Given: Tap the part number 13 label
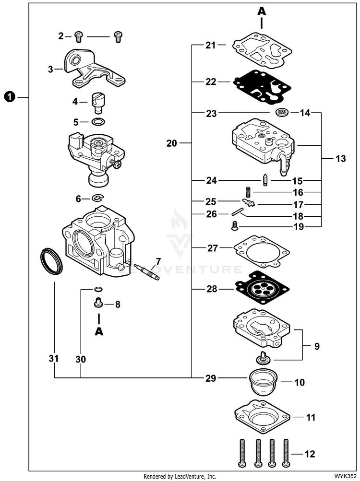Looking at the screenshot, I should tap(340, 159).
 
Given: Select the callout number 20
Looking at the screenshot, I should tap(172, 143).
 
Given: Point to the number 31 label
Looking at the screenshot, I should tap(54, 358).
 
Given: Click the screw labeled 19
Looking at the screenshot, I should tap(234, 225).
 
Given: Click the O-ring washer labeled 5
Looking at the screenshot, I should tap(98, 121).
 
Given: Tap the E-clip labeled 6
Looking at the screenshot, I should tap(98, 198).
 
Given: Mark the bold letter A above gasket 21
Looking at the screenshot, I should tap(262, 11).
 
